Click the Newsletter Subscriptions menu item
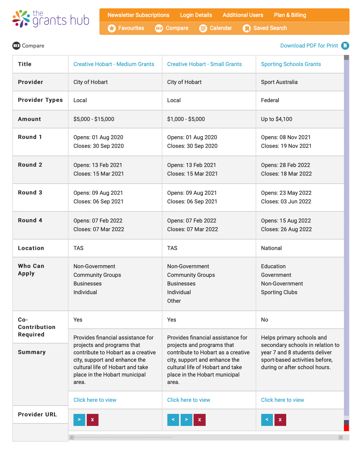[x=138, y=15]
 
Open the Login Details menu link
[x=196, y=15]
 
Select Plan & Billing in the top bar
[x=290, y=15]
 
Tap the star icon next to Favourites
[x=112, y=28]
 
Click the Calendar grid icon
[x=203, y=28]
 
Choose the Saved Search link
[x=270, y=28]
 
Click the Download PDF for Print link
[x=309, y=46]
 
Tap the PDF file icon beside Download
[x=345, y=46]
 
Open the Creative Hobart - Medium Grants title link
[x=114, y=64]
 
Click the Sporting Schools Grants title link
[x=291, y=64]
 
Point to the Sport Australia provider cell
[x=279, y=82]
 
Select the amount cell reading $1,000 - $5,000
[x=186, y=119]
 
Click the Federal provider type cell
[x=270, y=100]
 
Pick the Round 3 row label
[x=30, y=193]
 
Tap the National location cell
[x=271, y=248]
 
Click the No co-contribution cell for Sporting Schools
[x=265, y=320]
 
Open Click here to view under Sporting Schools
[x=282, y=400]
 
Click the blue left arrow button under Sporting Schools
[x=267, y=420]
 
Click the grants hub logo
[x=51, y=19]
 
